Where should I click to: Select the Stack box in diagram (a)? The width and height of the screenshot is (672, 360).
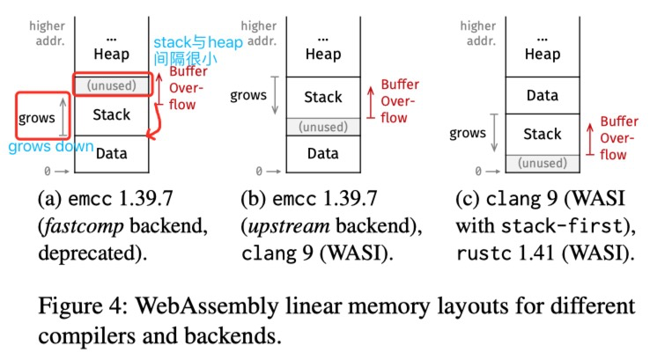point(111,114)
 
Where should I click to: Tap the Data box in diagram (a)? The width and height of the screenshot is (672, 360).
point(111,153)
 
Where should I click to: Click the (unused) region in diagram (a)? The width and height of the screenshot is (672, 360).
point(111,86)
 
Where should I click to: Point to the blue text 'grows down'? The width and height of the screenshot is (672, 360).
point(51,147)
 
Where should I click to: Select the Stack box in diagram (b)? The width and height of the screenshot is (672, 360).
point(322,97)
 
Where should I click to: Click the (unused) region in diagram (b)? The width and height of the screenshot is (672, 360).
point(322,126)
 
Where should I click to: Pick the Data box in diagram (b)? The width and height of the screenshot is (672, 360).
point(322,153)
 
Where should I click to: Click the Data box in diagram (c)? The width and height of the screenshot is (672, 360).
point(542,95)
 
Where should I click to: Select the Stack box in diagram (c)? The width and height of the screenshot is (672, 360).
point(542,134)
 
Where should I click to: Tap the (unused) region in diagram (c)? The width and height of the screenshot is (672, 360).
point(542,163)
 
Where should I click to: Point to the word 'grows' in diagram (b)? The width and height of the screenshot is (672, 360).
point(248,95)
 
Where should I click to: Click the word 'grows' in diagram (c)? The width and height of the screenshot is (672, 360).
point(468,134)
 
